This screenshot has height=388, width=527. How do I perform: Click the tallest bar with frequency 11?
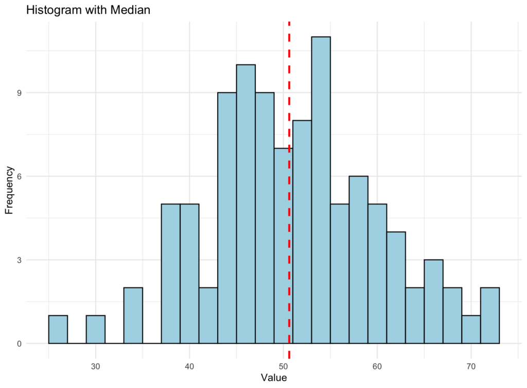click(321, 190)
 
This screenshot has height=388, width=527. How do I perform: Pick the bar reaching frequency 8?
click(302, 232)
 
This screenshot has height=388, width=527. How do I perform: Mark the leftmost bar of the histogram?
click(58, 329)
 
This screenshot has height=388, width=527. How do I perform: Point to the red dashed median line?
click(289, 103)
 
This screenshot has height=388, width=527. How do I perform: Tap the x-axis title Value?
click(274, 378)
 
